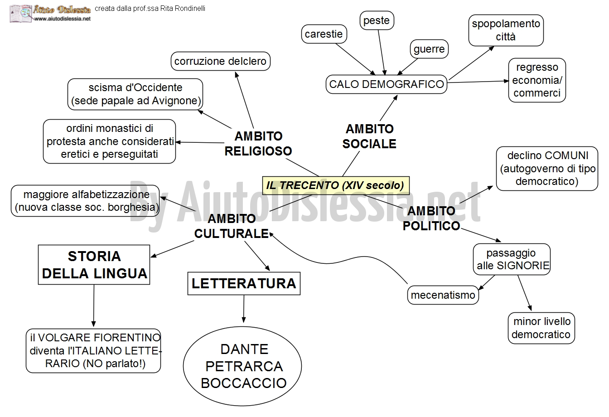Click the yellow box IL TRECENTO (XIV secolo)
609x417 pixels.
[x=336, y=185]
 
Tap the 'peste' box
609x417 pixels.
[x=377, y=20]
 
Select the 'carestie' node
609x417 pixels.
[x=324, y=34]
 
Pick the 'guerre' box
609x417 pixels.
[x=429, y=49]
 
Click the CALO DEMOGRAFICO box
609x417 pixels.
[x=387, y=84]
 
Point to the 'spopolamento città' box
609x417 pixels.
[x=506, y=30]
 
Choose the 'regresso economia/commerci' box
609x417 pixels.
[x=537, y=80]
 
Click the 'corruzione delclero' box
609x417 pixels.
[x=220, y=61]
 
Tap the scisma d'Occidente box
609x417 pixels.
[x=135, y=94]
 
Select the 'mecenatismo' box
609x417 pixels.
[x=443, y=295]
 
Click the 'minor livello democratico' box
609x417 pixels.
[x=541, y=328]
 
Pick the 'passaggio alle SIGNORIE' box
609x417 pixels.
[x=511, y=259]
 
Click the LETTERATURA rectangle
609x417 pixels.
[x=244, y=283]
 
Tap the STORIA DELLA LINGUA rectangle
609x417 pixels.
[x=94, y=265]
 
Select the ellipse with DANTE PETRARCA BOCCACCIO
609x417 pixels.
[x=244, y=366]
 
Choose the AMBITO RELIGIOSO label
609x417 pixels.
[x=258, y=143]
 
